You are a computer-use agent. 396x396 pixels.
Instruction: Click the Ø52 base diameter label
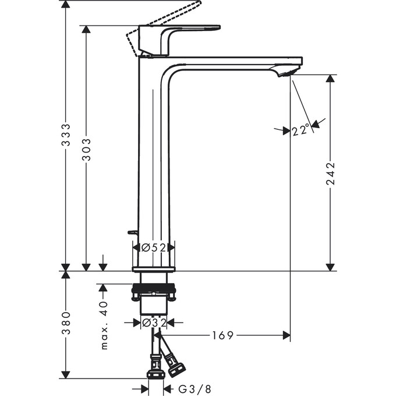tap(154, 248)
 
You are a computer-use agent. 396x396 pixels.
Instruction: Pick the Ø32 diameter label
tap(153, 321)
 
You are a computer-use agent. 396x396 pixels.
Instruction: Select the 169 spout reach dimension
tap(224, 335)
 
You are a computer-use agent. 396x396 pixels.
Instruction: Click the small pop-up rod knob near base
tap(133, 232)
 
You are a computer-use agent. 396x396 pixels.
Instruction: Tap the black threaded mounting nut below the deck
tap(154, 288)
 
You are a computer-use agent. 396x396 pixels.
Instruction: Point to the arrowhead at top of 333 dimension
tap(67, 5)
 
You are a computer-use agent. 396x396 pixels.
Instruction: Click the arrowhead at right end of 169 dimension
tap(286, 335)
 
